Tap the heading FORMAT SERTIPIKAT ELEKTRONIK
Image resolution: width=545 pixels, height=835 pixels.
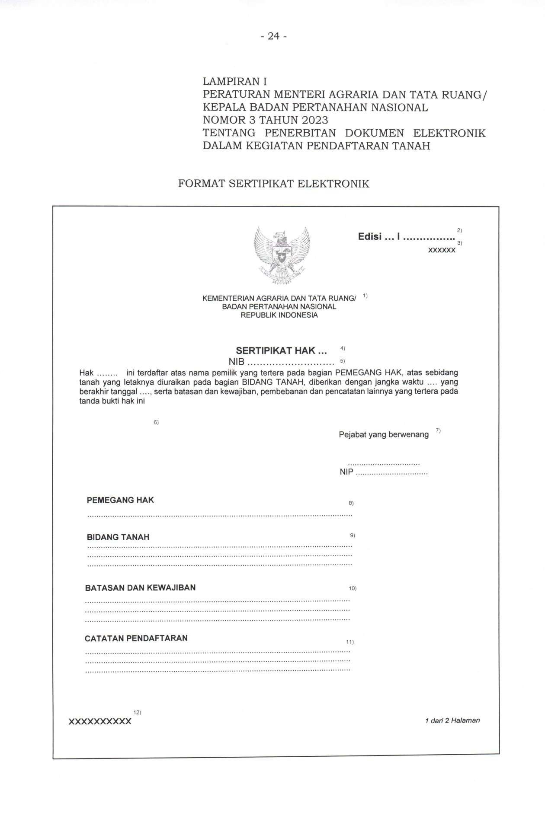(x=274, y=184)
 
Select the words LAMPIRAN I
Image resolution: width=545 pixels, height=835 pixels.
(x=235, y=81)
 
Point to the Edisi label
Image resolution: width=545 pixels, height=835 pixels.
(x=370, y=237)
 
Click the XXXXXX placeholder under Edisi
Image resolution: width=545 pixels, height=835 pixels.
(x=441, y=251)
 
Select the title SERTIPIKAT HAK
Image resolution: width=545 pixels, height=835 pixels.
(x=281, y=351)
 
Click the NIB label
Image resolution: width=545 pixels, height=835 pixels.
(x=237, y=362)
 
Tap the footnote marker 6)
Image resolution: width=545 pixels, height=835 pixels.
(x=156, y=422)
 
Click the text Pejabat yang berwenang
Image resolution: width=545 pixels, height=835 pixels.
(x=384, y=434)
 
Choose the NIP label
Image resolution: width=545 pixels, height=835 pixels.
(x=346, y=472)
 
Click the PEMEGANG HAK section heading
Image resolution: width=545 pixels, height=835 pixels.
(x=120, y=500)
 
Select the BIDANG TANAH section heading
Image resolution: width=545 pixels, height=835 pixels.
(x=118, y=537)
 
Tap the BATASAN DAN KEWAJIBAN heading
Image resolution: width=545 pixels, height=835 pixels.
(x=140, y=588)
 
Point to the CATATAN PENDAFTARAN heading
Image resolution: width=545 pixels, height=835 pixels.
(x=136, y=638)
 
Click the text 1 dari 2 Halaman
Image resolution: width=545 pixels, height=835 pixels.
(x=452, y=720)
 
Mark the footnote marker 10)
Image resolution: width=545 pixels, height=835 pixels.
(x=353, y=589)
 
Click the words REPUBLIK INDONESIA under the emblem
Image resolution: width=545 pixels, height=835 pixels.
(x=279, y=315)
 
